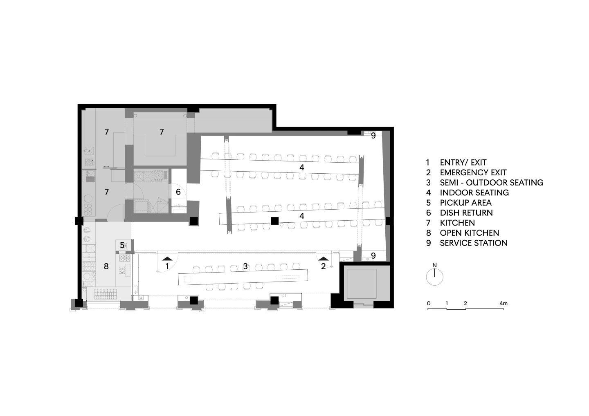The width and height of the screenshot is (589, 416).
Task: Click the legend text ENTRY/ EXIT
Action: pyautogui.click(x=463, y=163)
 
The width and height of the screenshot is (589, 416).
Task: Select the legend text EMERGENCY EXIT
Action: pyautogui.click(x=473, y=172)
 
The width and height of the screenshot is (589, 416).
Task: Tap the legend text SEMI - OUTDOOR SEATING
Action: pyautogui.click(x=492, y=183)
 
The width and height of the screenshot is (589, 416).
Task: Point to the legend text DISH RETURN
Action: pyautogui.click(x=466, y=213)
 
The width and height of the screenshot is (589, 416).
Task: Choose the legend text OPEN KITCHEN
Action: pyautogui.click(x=470, y=233)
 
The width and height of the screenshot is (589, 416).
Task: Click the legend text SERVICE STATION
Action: pyautogui.click(x=474, y=243)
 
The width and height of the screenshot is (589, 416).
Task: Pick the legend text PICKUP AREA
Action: pyautogui.click(x=465, y=203)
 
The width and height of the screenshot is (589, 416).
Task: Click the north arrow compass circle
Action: pyautogui.click(x=435, y=277)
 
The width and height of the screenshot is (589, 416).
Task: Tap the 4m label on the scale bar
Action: pyautogui.click(x=503, y=303)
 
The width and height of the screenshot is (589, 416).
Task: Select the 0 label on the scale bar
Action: pyautogui.click(x=429, y=303)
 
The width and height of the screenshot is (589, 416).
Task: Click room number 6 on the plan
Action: pyautogui.click(x=178, y=192)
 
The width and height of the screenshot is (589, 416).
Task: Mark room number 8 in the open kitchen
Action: pyautogui.click(x=106, y=266)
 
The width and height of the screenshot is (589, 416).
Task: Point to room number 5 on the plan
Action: pyautogui.click(x=122, y=245)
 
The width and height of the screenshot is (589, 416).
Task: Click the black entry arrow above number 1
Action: pyautogui.click(x=167, y=259)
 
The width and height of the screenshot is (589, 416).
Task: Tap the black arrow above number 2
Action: pyautogui.click(x=323, y=259)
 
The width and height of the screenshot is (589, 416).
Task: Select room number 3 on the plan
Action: pyautogui.click(x=245, y=266)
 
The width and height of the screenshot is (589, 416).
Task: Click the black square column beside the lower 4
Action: pyautogui.click(x=274, y=221)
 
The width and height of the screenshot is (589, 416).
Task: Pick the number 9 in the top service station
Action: pyautogui.click(x=373, y=136)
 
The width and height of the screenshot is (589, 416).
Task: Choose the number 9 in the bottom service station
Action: pyautogui.click(x=373, y=255)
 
